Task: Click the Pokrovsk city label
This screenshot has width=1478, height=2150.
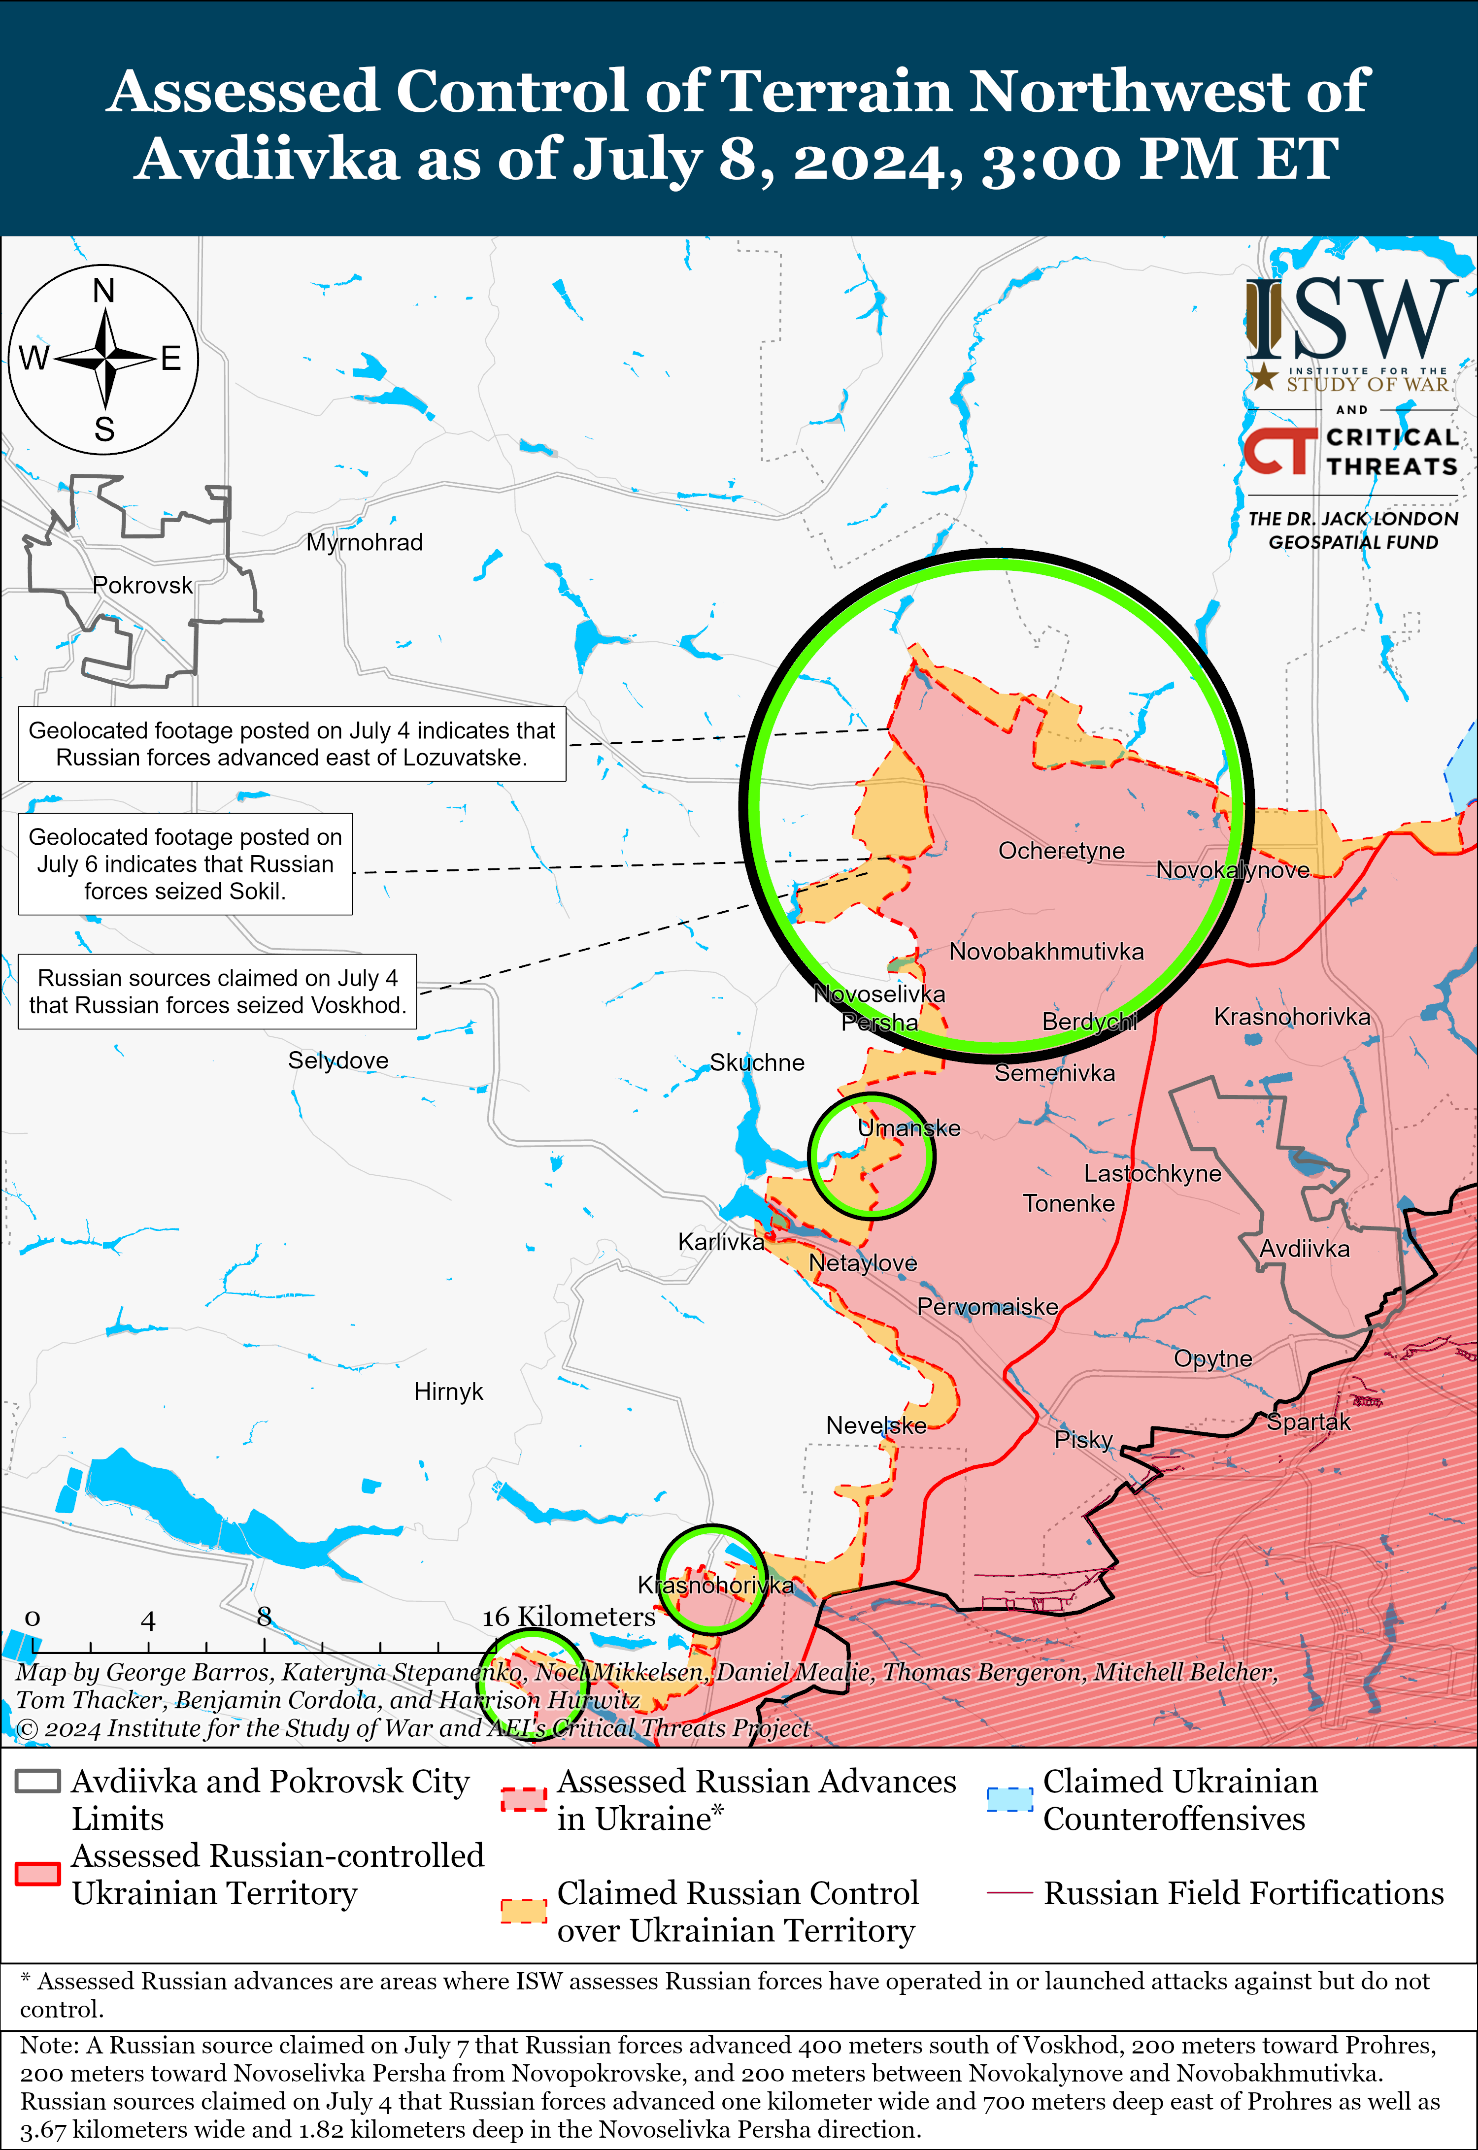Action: click(142, 585)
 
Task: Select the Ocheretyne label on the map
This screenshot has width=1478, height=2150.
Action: click(1061, 851)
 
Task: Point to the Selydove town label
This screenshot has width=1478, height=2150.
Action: click(338, 1060)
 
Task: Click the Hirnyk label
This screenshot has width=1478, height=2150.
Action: click(448, 1391)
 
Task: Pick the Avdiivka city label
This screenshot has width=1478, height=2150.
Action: click(1304, 1249)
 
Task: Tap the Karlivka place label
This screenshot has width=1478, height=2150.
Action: click(720, 1242)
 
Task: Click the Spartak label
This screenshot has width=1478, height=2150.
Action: click(1309, 1422)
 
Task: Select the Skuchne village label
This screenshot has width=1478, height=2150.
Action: click(757, 1062)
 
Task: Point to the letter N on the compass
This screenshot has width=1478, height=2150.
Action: click(104, 291)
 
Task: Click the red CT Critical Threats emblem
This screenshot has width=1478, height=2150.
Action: click(1279, 452)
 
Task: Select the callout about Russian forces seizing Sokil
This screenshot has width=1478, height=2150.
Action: click(185, 864)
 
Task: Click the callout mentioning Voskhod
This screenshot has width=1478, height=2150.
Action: click(218, 992)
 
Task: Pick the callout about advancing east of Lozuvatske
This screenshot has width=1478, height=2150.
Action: click(292, 744)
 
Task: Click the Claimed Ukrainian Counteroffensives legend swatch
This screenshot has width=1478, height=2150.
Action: click(1008, 1799)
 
